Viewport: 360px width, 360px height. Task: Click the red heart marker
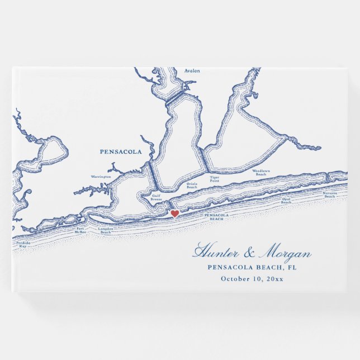pos(174,214)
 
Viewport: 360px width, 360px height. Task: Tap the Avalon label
pos(192,71)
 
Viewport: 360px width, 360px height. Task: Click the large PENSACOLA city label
pos(121,151)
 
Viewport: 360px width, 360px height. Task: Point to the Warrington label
pos(101,177)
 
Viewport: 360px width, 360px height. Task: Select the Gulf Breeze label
pos(156,197)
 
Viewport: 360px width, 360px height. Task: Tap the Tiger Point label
pos(215,179)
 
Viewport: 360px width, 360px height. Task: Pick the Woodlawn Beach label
pos(260,173)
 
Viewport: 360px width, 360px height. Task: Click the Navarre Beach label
pos(329,195)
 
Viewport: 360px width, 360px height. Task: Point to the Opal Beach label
pos(286,200)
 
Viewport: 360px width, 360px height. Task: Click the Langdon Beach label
pos(106,230)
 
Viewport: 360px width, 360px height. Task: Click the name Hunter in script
pos(215,253)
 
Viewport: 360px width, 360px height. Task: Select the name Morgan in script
pos(285,253)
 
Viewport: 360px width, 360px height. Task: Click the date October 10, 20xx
pos(252,278)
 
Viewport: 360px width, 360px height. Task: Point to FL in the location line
pos(292,267)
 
